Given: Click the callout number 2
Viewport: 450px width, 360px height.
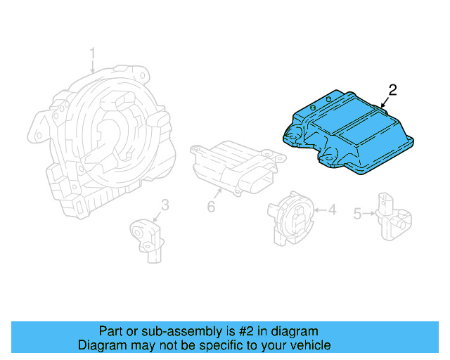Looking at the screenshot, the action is tap(392, 89).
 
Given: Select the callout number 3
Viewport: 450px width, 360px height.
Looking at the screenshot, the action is tap(165, 205).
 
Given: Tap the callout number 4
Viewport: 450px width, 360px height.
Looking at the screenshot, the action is tap(333, 209).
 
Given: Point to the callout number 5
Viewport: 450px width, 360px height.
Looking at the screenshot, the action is tap(357, 213).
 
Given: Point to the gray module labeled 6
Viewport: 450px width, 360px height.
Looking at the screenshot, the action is tap(232, 165).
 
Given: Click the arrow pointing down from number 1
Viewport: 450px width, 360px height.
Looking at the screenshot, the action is tap(92, 66).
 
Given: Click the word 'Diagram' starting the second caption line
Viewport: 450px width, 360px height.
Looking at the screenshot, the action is tap(101, 345).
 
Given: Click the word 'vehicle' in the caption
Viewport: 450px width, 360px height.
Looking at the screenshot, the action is tap(310, 345).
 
